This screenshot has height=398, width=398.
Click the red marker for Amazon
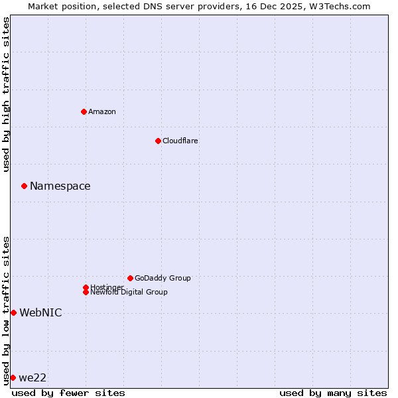pos(84,111)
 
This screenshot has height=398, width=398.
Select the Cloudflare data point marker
pos(158,141)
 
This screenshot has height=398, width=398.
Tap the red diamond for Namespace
pos(24,186)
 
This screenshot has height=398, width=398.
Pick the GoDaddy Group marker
pos(130,278)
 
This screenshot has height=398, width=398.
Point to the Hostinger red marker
pos(86,287)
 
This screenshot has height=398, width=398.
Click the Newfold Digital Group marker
pos(86,292)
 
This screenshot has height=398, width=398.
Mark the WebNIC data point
pos(13,312)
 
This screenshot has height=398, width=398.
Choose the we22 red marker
pos(13,377)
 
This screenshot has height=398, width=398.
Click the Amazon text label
pos(102,111)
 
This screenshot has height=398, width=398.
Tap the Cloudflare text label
pos(180,141)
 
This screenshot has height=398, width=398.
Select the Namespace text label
pos(60,186)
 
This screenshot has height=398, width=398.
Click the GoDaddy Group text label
pos(163,278)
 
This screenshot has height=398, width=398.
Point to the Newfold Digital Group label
pos(129,293)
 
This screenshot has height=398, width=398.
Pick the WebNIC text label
pos(40,313)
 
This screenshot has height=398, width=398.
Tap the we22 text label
pos(33,378)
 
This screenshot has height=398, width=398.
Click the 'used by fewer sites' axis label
pos(68,393)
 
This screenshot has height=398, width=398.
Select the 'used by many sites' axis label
pos(333,393)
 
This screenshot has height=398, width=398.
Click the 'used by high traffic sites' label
pos(6,95)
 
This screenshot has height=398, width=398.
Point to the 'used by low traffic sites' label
pos(6,310)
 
